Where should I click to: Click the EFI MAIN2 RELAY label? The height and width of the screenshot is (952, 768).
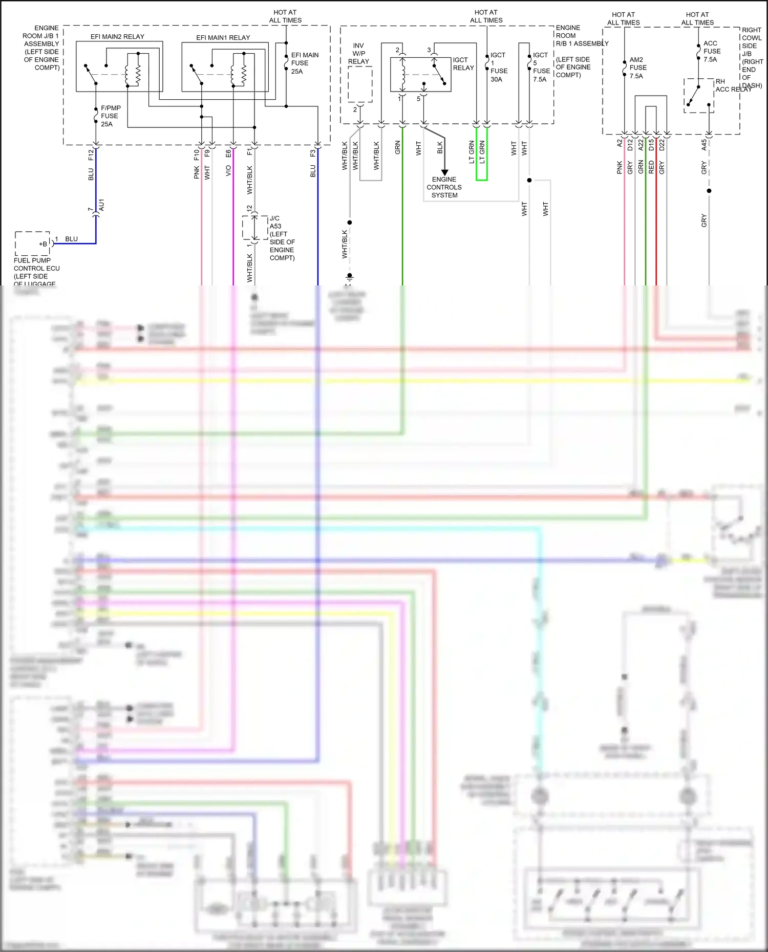coord(117,37)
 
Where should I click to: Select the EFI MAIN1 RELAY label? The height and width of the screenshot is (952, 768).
coord(223,38)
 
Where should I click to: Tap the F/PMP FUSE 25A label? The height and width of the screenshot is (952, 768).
coord(111,116)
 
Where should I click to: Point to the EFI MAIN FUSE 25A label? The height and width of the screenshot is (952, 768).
coord(304,63)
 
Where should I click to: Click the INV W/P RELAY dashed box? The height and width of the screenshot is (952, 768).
coord(360,84)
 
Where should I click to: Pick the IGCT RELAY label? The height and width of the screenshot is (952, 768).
coord(463,64)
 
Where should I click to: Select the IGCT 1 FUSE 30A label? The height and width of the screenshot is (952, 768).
coord(498,67)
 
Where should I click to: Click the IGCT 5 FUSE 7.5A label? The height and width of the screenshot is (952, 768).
coord(541,67)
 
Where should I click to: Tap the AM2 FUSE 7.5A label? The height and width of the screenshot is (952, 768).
coord(637,68)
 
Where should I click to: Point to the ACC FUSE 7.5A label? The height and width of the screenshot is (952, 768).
coord(711,51)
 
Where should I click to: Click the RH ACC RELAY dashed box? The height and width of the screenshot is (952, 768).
coord(699,96)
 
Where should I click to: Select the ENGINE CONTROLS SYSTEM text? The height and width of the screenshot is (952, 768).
coord(444,187)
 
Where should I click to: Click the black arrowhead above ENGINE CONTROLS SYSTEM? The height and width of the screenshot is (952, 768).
coord(444,172)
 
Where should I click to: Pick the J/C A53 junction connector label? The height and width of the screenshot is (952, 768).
coord(282,238)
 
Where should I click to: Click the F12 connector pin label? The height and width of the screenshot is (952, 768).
coord(91,154)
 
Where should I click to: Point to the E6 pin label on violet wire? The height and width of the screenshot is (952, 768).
coord(228,153)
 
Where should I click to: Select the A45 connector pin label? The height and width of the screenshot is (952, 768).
coord(704,145)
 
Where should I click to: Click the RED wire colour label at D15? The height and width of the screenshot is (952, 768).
coord(651,167)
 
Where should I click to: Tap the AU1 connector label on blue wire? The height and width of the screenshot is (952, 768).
coord(101,205)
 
